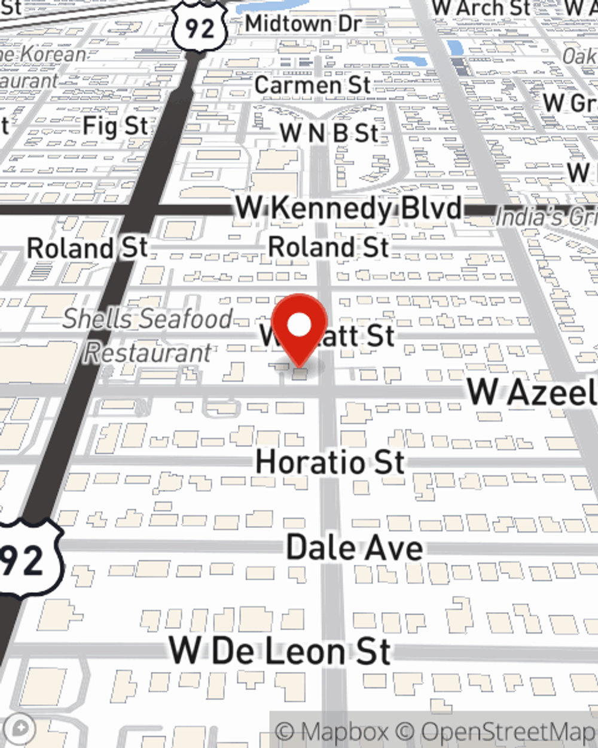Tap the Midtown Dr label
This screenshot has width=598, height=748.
coord(303,24)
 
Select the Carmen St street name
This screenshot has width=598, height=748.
coord(312,85)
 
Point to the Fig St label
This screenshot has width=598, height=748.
coord(115,126)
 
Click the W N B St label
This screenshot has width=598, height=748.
coord(329,133)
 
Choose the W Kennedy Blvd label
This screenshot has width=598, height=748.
coord(349,209)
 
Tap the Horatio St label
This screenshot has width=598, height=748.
coord(330,463)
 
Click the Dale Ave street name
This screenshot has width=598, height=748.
coord(355,548)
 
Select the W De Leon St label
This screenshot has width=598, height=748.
coord(280,651)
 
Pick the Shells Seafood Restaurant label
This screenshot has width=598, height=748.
coord(148,335)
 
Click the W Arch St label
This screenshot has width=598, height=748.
coord(481,8)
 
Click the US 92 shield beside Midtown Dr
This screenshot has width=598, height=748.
coord(199,27)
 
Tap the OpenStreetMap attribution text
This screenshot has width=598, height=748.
coord(508,732)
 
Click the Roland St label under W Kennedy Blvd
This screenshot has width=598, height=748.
coord(328,247)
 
